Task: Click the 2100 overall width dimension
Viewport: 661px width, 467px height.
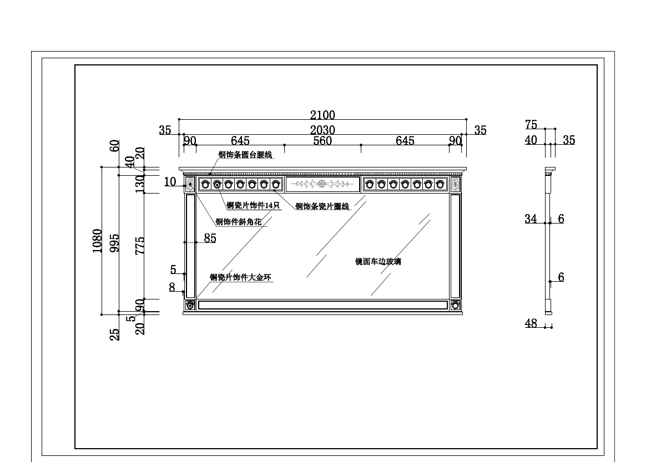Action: pos(322,115)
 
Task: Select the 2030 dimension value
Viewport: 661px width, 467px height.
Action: pos(322,130)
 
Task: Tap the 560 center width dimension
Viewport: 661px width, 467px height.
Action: pos(322,141)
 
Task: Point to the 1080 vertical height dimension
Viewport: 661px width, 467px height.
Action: pos(98,241)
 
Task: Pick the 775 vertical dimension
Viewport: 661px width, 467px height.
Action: pos(140,245)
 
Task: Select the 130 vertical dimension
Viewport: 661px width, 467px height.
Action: pos(140,183)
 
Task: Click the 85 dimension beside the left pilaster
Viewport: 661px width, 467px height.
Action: pos(210,239)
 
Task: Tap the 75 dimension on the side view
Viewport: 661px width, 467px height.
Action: pos(531,125)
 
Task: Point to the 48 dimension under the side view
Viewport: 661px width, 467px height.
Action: pos(531,323)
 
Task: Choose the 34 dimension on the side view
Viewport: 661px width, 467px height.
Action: pos(531,219)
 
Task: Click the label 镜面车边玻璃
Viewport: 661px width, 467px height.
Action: pos(378,262)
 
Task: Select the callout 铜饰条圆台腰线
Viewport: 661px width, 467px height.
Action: pos(245,155)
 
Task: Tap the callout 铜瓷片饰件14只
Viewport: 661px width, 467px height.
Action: pos(253,206)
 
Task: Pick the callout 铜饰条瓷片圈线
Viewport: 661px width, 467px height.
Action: pos(322,207)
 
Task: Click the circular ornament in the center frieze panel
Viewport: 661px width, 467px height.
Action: pos(322,184)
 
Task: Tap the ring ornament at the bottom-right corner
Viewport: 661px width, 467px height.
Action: pos(456,304)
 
